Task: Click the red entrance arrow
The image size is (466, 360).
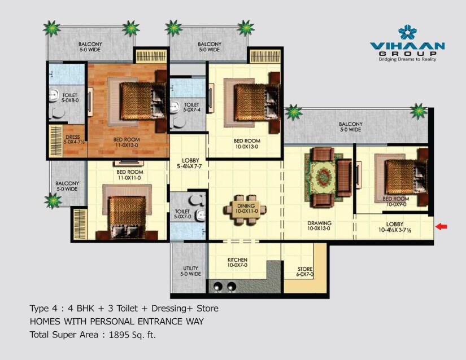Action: (x=442, y=227)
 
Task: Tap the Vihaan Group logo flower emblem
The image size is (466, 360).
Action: (x=407, y=32)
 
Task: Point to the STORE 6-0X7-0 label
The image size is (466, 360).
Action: (x=305, y=271)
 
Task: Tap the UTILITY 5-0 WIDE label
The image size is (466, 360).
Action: (x=189, y=271)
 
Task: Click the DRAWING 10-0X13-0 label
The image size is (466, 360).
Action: (x=319, y=226)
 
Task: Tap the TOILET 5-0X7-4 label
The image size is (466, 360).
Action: (x=191, y=107)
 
